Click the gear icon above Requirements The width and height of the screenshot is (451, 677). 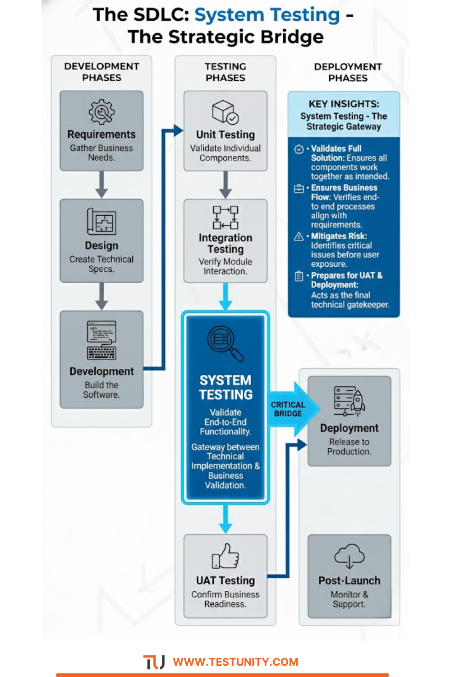click(101, 111)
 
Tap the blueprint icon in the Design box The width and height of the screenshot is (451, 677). click(101, 222)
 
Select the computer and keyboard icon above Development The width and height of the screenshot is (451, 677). click(101, 340)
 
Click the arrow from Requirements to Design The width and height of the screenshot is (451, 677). click(101, 185)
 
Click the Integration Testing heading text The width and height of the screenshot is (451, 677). click(225, 243)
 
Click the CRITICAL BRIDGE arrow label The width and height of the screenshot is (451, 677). click(288, 409)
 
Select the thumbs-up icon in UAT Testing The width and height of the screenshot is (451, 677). click(225, 556)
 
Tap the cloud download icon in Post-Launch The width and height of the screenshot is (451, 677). click(349, 556)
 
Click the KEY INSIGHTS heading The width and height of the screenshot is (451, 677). click(344, 104)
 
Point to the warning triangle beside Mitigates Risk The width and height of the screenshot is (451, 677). click(299, 236)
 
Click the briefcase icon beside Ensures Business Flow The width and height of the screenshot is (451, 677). click(299, 188)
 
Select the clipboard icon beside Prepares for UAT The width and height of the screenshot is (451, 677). click(299, 276)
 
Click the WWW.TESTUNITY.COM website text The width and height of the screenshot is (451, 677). click(235, 662)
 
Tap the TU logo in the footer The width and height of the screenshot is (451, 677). click(154, 662)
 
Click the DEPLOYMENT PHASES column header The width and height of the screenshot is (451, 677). click(348, 72)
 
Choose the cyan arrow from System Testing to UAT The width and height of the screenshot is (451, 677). click(225, 519)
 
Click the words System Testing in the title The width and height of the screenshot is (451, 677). click(267, 15)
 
